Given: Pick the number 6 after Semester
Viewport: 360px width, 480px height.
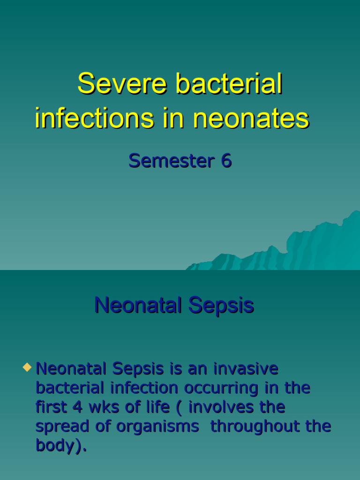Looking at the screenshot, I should (x=226, y=161).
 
